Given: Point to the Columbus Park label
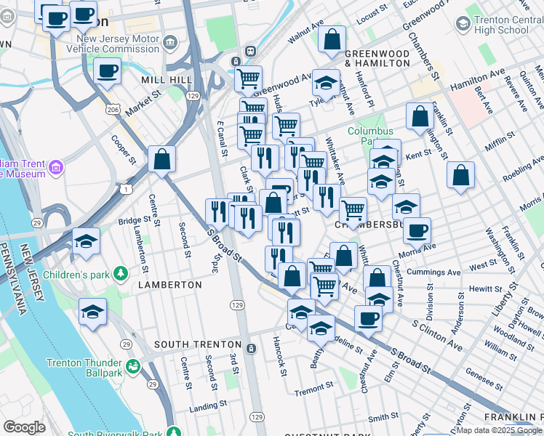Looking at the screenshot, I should click(x=369, y=136).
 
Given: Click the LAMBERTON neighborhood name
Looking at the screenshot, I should click(x=169, y=285).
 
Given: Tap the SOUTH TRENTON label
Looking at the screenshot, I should click(x=197, y=344).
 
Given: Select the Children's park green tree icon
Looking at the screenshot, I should click(x=121, y=275).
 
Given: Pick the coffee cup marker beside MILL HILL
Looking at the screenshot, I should click(x=108, y=71).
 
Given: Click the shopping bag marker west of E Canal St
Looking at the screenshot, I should click(x=161, y=159).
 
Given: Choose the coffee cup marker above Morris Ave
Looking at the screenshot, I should click(x=417, y=230).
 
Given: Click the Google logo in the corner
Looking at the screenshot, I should click(x=24, y=427).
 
